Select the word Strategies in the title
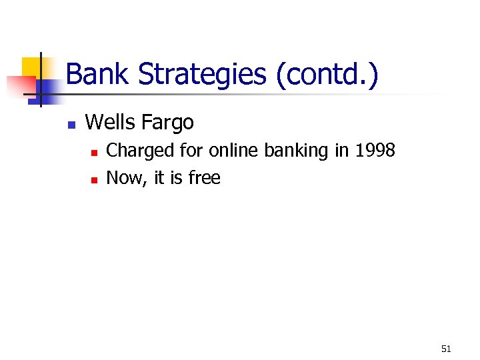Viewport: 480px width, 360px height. (201, 74)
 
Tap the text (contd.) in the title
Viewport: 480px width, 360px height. (327, 74)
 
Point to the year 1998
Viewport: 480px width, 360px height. (375, 151)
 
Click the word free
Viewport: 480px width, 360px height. (204, 178)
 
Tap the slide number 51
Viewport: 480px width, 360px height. (446, 349)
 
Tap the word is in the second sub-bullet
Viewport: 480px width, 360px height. (177, 178)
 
